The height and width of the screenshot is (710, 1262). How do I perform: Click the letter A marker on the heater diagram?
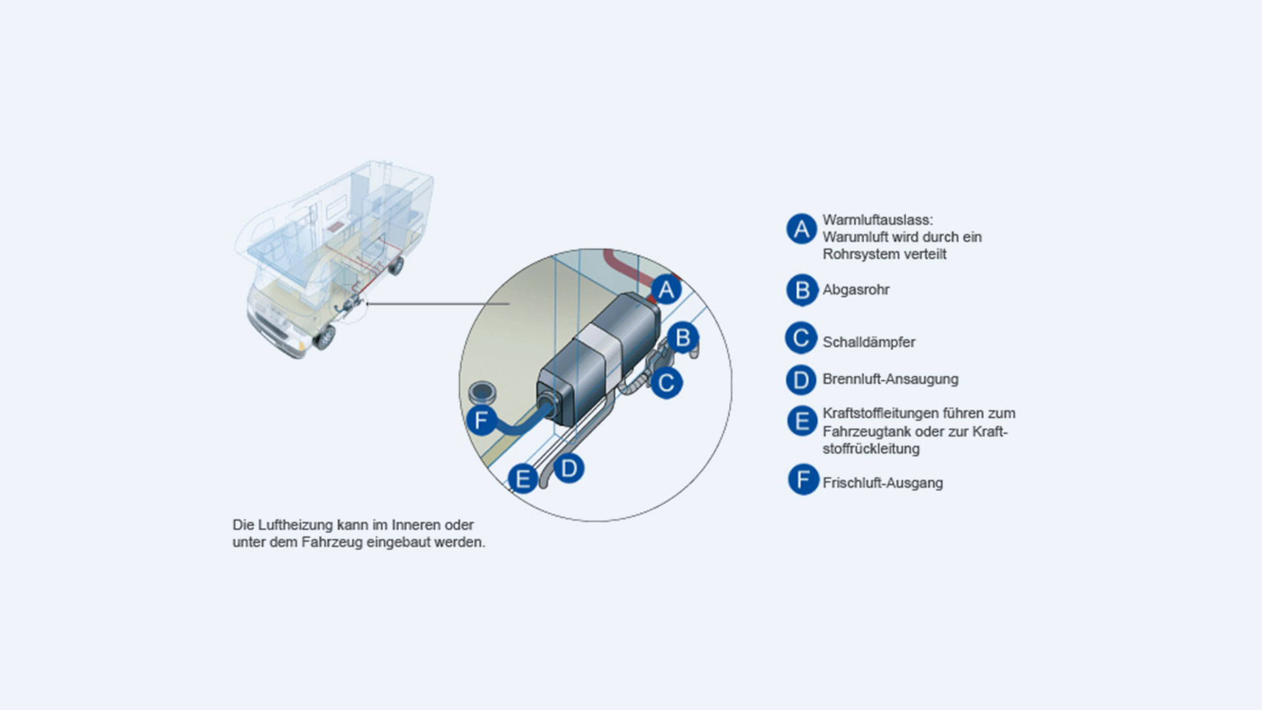tap(666, 289)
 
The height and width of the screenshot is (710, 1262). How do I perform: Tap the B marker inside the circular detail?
tap(683, 338)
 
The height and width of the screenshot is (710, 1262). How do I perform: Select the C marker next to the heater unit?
tap(666, 382)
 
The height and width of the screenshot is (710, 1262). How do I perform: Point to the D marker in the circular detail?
tap(569, 469)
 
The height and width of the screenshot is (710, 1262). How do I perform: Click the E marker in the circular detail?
tap(523, 478)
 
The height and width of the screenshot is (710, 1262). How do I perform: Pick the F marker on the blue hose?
tap(481, 419)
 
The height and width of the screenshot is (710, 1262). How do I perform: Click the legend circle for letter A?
tap(801, 229)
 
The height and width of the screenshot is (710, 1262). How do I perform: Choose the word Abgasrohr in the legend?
tap(856, 290)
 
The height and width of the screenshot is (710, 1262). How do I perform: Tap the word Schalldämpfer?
tap(868, 343)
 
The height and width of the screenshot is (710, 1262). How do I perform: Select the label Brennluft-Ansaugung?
tap(890, 379)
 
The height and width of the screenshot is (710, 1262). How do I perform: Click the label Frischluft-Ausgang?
tap(882, 483)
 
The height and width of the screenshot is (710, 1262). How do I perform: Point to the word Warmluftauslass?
tap(877, 220)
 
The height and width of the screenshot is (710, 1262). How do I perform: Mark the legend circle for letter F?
tap(803, 480)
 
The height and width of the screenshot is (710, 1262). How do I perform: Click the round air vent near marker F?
tap(483, 393)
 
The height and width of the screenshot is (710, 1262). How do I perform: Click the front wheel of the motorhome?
tap(325, 337)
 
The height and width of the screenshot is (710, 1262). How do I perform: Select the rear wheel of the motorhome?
tap(396, 266)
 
